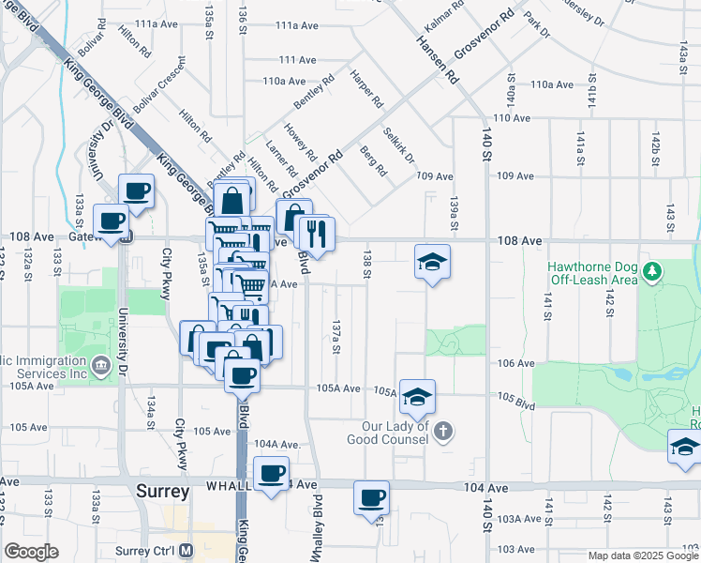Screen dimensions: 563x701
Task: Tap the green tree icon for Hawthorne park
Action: [x=654, y=272]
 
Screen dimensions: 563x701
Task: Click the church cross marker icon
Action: [x=444, y=432]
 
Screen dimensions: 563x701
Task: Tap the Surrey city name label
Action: [x=161, y=491]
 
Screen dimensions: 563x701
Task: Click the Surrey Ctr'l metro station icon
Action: [x=186, y=551]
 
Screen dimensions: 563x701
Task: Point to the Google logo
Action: [x=31, y=551]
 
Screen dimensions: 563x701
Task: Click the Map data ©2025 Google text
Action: [x=642, y=555]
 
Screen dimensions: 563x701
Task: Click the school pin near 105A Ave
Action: [x=417, y=396]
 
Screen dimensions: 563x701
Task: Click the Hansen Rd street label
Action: [x=437, y=55]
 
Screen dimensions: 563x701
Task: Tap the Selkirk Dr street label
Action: [x=399, y=145]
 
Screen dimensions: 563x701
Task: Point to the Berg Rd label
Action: [x=373, y=162]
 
